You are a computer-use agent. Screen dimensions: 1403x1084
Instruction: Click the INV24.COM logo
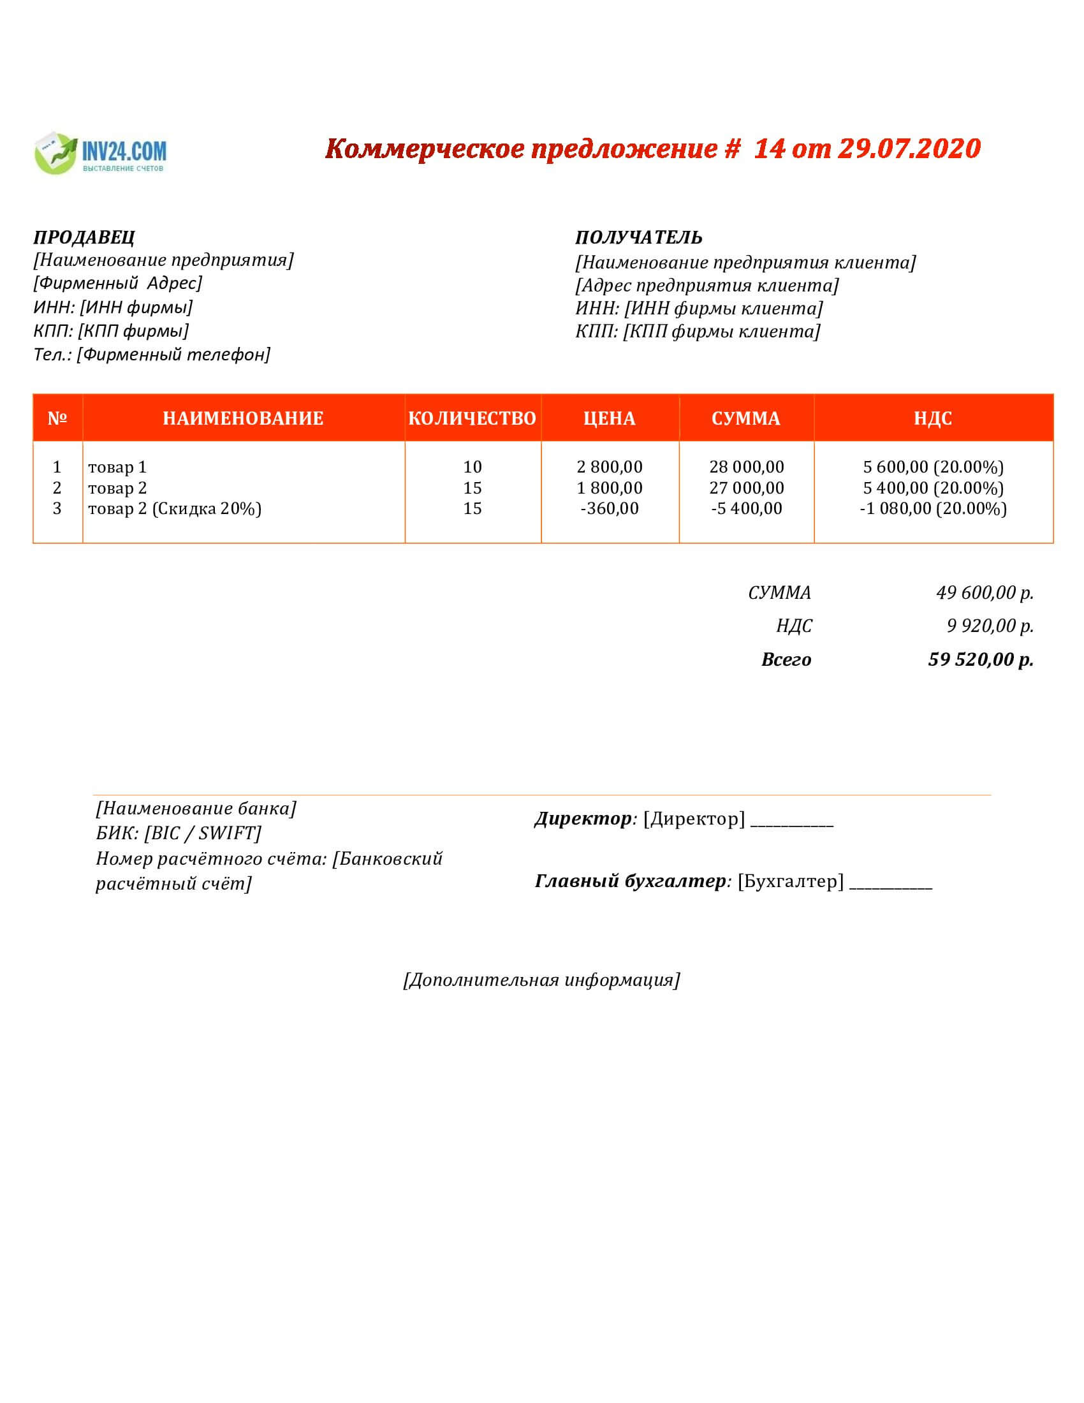[x=100, y=154]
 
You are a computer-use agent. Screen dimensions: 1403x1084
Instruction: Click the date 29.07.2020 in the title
[x=909, y=149]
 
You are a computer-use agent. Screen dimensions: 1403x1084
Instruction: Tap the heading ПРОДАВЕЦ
[x=84, y=238]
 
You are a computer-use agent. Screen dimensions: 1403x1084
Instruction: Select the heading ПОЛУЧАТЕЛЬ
[x=638, y=238]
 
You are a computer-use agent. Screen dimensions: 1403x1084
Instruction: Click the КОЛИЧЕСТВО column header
[x=472, y=418]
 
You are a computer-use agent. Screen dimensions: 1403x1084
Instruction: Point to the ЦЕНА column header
[x=609, y=418]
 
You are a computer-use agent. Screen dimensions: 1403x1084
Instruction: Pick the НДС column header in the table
[x=932, y=418]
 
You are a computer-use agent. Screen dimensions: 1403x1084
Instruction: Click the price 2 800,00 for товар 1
[x=610, y=467]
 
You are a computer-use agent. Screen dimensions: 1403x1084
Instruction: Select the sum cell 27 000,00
[x=746, y=488]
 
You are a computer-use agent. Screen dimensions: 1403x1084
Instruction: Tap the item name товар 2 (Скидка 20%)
[x=175, y=509]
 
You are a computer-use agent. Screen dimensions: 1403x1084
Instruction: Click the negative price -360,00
[x=610, y=509]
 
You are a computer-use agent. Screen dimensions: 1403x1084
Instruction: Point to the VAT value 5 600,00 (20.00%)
[x=933, y=467]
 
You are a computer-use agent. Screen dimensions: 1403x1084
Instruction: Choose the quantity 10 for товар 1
[x=472, y=467]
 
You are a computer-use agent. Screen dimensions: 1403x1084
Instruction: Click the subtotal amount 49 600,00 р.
[x=985, y=592]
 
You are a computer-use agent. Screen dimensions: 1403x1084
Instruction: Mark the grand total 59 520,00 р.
[x=981, y=659]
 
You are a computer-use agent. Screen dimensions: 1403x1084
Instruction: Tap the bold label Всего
[x=786, y=659]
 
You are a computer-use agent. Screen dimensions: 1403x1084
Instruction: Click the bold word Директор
[x=583, y=818]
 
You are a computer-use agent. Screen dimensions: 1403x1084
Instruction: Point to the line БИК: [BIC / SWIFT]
[x=179, y=834]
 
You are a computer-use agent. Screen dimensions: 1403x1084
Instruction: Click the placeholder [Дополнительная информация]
[x=541, y=980]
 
